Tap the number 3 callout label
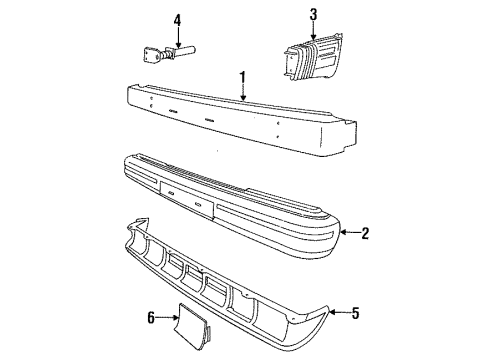pyautogui.click(x=313, y=13)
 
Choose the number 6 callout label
pyautogui.click(x=150, y=319)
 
